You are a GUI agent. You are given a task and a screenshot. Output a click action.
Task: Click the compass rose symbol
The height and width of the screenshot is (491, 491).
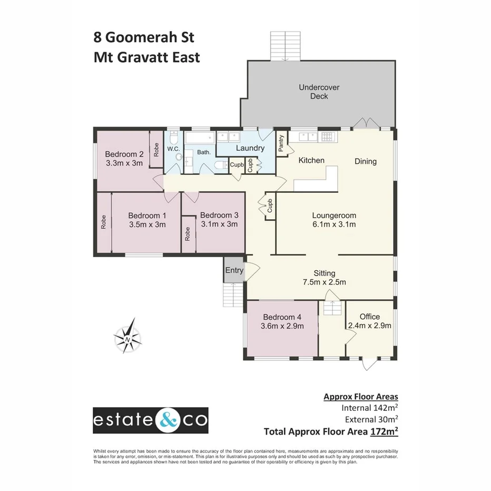[129, 336]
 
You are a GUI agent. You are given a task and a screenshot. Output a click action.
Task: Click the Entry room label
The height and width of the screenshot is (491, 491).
[234, 270]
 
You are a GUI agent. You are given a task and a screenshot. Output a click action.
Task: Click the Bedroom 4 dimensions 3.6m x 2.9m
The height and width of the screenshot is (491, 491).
[282, 327]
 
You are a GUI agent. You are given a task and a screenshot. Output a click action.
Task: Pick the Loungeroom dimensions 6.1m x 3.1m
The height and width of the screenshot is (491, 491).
[334, 225]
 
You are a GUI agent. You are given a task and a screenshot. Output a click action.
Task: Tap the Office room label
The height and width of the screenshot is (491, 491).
[369, 317]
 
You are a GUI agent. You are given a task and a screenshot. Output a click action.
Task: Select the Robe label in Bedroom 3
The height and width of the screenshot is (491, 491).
[188, 234]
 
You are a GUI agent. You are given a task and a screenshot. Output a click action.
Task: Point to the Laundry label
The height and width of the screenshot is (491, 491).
[250, 148]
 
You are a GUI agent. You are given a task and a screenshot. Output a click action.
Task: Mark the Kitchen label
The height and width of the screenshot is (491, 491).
[311, 160]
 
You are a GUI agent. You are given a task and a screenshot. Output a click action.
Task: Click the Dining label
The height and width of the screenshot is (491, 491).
[365, 161]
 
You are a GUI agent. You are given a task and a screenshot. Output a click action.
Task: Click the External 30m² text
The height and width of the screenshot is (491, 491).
[371, 419]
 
